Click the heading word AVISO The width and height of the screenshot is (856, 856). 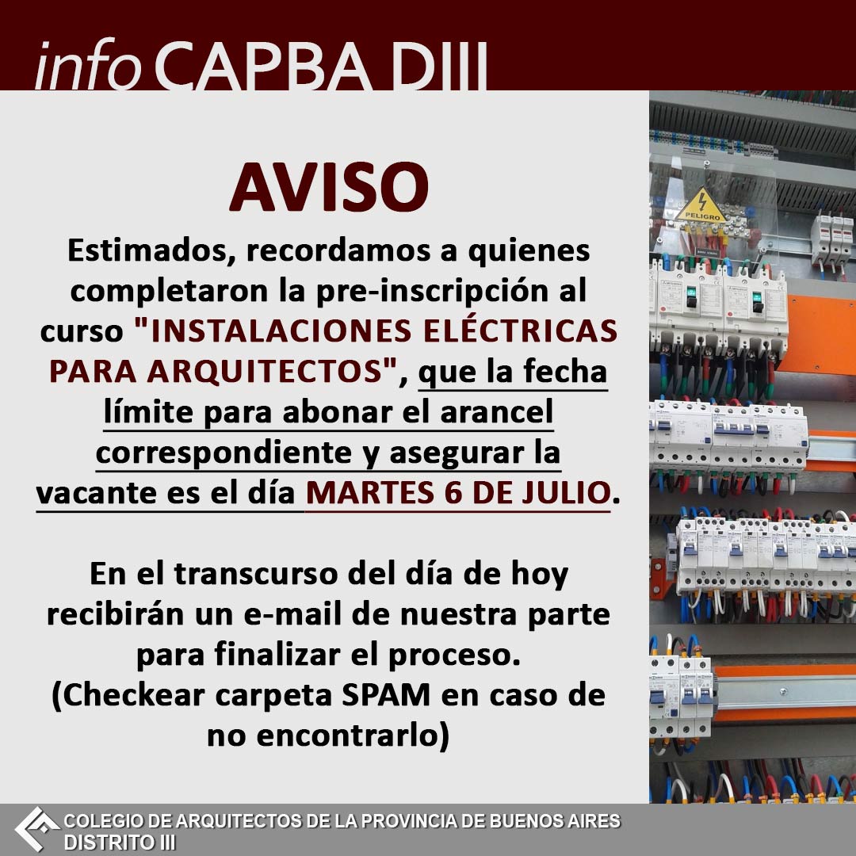329,187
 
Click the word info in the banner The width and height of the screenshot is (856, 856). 88,66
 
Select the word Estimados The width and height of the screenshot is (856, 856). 147,250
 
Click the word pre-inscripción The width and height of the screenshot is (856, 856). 432,291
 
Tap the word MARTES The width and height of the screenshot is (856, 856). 370,492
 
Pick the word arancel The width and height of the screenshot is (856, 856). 496,411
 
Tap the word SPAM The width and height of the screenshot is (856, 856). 386,695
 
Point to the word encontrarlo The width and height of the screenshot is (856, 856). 348,736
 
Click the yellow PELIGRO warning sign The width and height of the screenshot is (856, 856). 702,206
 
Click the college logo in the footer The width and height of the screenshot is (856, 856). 36,830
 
